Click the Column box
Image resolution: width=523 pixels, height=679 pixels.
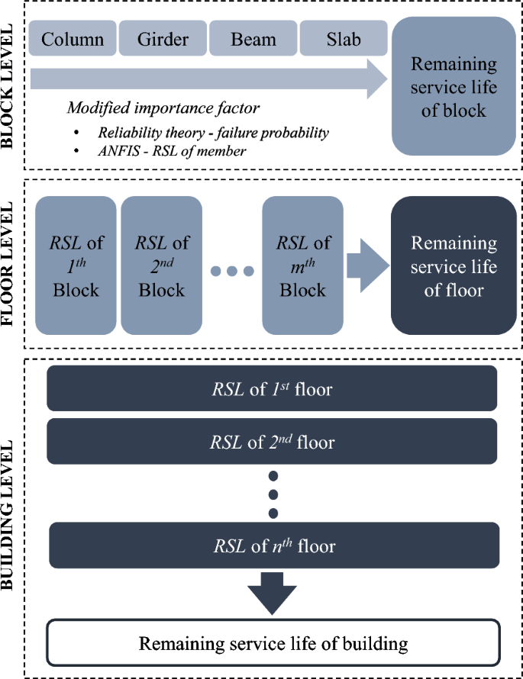pos(73,39)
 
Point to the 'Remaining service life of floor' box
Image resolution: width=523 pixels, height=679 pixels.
pos(454,267)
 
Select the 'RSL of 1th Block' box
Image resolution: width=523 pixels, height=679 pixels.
pos(76,267)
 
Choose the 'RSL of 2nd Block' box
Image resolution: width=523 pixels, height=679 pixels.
pos(161,267)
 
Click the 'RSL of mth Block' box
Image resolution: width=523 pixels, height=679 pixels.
pos(302,267)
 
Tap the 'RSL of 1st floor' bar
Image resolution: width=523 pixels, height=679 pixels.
pos(272,388)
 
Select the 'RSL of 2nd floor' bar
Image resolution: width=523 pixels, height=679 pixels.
pos(272,441)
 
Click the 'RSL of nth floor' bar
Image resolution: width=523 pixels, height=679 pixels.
pos(273,545)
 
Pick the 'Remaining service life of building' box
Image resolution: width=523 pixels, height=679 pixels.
pos(273,643)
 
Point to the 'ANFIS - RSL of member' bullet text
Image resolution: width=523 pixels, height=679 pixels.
pos(171,151)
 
